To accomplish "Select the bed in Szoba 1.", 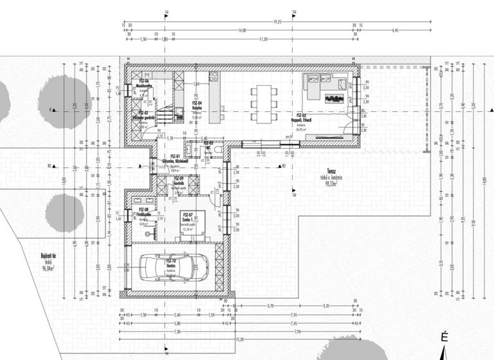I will (x=192, y=225).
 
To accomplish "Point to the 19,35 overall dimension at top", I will (x=277, y=22).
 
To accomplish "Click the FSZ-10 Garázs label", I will (x=171, y=263).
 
